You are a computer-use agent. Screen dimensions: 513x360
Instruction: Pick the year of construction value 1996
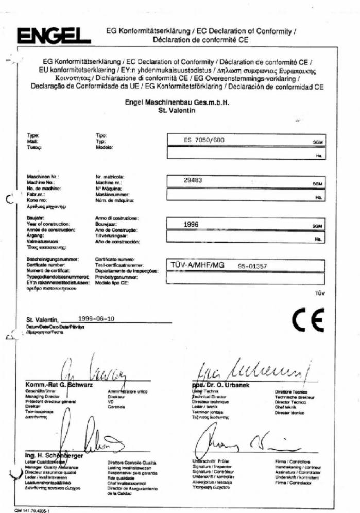(x=191, y=224)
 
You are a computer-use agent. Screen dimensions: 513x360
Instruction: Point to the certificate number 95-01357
(x=253, y=266)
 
